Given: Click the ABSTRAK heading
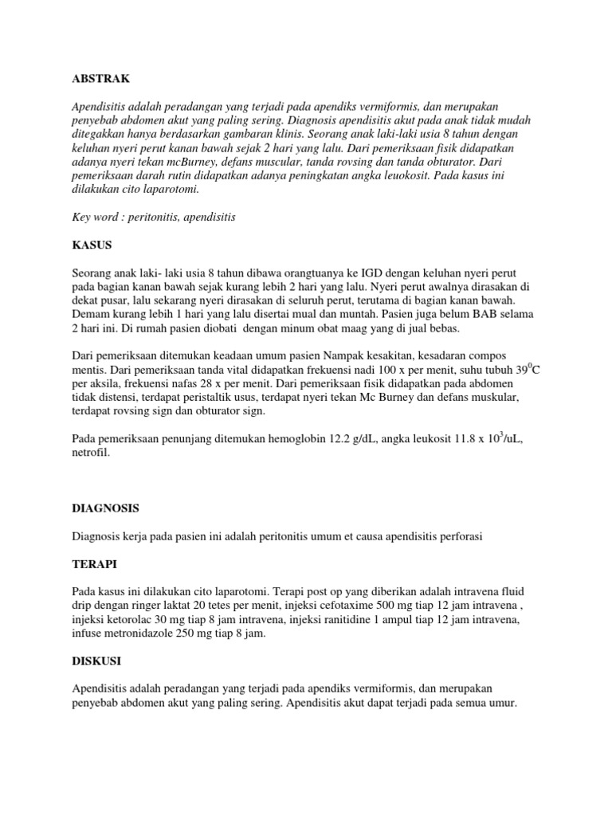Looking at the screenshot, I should [x=100, y=79].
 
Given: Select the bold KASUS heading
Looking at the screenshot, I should [x=92, y=244].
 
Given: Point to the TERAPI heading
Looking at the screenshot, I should [x=94, y=564].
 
